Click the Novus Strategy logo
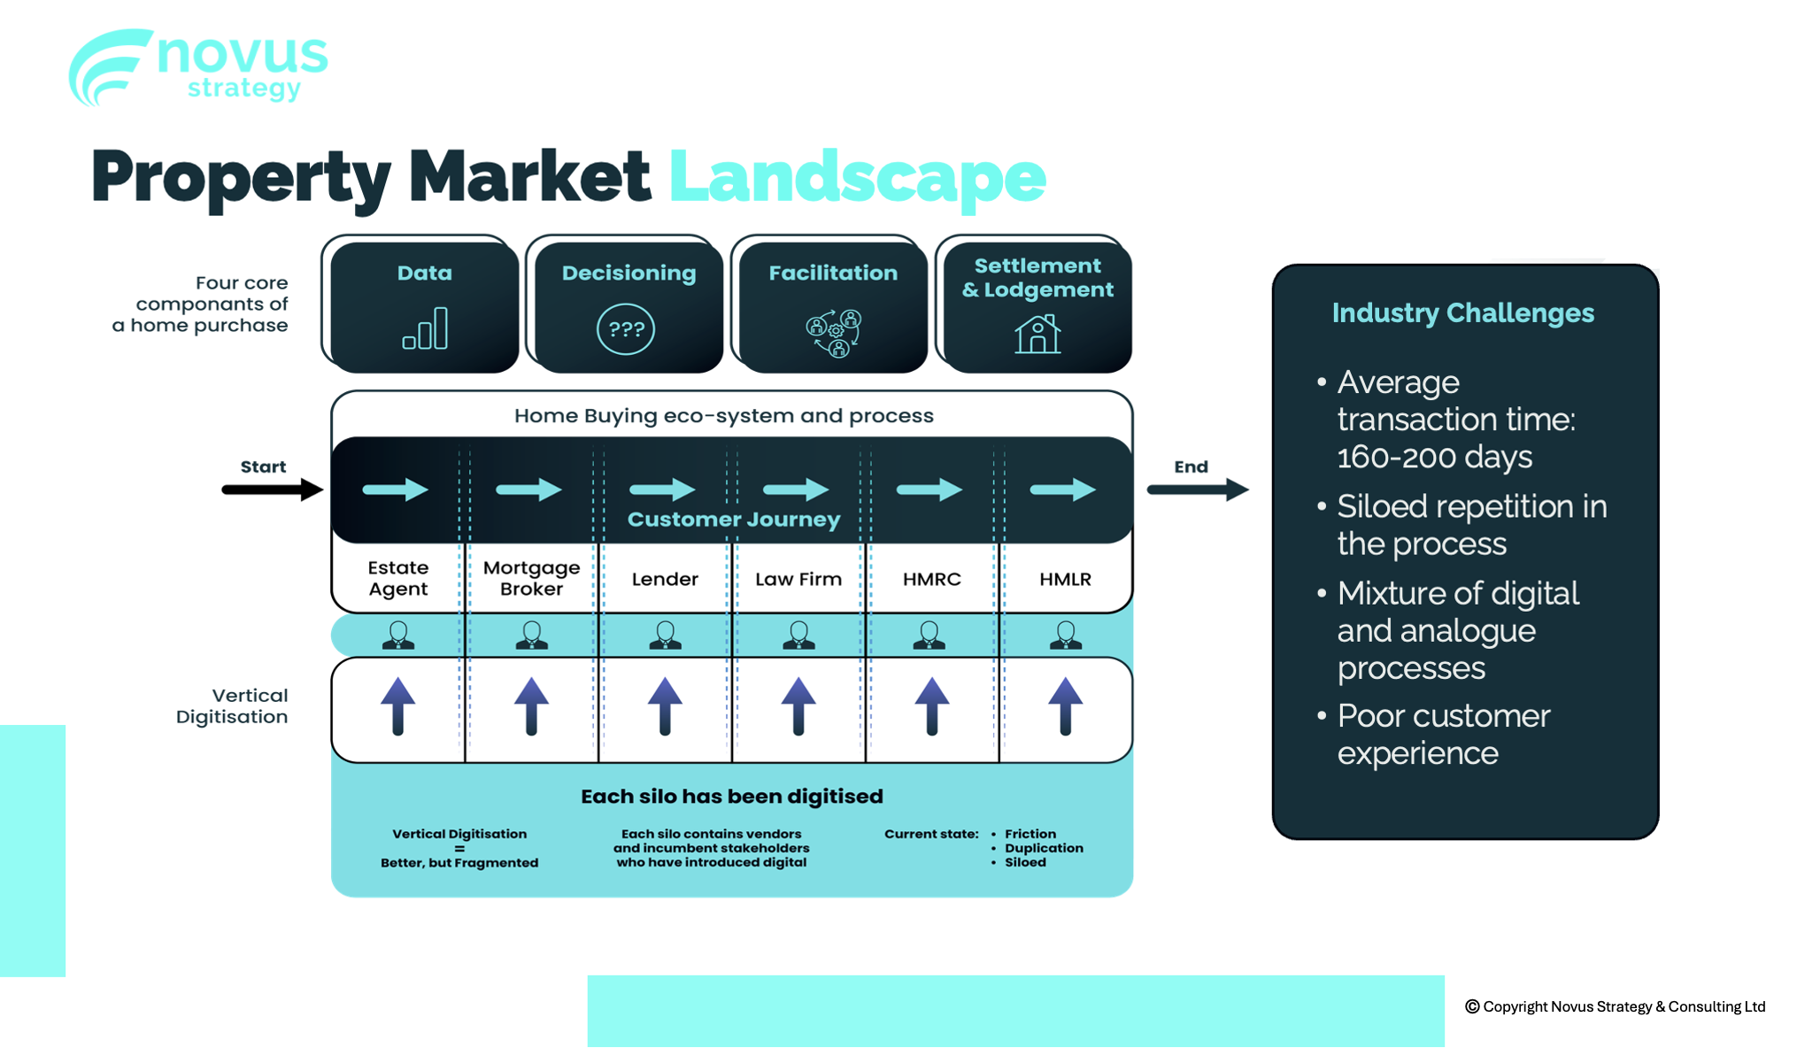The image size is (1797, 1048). click(198, 67)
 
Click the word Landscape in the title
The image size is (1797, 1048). click(857, 177)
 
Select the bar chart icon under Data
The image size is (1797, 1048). click(425, 329)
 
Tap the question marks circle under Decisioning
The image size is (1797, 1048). click(626, 329)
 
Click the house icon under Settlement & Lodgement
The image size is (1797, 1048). click(1037, 334)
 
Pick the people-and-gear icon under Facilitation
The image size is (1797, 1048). click(833, 333)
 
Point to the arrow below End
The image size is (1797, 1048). click(1197, 489)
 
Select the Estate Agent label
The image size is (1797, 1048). click(398, 578)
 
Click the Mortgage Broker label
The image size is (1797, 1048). click(531, 578)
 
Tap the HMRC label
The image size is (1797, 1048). click(931, 579)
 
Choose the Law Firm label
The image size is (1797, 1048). click(798, 579)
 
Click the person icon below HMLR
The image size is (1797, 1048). click(1065, 635)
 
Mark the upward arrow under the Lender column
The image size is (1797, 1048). click(665, 706)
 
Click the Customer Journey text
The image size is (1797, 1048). click(733, 520)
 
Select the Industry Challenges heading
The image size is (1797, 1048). click(1462, 313)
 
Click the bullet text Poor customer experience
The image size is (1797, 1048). click(1443, 734)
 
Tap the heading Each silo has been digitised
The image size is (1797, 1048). click(731, 797)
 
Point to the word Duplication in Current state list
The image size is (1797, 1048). click(1044, 848)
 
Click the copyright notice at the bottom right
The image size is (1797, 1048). click(1615, 1006)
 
